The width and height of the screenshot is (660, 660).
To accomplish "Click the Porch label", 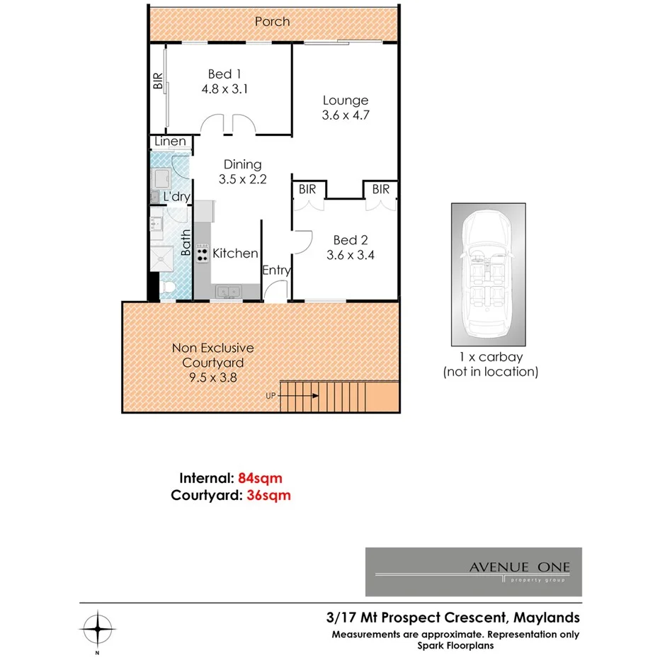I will click(x=272, y=21).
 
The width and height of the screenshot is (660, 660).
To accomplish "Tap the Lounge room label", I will click(x=345, y=101).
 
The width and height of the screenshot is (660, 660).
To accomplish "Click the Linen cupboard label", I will click(x=171, y=142).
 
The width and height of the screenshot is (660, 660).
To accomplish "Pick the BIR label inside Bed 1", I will click(x=158, y=82).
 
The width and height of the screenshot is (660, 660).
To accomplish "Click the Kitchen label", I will click(x=235, y=253).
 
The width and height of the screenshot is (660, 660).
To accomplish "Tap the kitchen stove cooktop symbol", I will click(x=202, y=253).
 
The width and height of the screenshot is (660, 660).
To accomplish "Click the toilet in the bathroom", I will click(x=167, y=288).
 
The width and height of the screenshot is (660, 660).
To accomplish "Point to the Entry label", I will click(x=275, y=271).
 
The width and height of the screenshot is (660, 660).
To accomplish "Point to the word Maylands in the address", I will click(x=545, y=618).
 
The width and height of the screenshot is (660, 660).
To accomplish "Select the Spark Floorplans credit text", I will click(x=455, y=645).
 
